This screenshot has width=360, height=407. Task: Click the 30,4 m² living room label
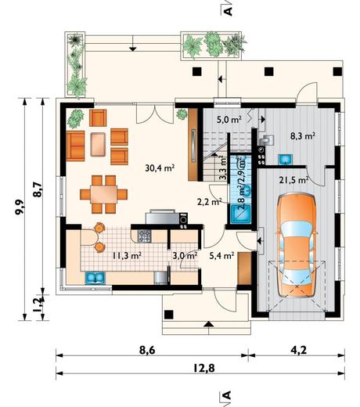160,168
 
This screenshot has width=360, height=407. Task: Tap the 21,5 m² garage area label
294,180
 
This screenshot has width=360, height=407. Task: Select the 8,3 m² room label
303,135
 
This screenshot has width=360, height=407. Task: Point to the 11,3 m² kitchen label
127,255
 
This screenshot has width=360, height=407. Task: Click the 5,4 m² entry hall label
221,255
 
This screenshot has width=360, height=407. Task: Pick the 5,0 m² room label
229,119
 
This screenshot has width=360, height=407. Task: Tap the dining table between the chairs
103,194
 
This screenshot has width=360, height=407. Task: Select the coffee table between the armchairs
98,144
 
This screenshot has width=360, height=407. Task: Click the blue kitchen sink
95,278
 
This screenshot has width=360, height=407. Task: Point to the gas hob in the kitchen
144,236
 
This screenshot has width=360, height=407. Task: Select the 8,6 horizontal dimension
147,350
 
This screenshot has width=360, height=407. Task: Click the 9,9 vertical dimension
20,207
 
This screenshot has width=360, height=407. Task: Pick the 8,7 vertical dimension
38,189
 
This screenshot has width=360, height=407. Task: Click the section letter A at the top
228,11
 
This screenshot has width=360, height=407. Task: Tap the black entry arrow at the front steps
208,324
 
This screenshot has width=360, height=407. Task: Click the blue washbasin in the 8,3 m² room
286,159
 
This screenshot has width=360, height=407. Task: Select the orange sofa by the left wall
75,146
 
